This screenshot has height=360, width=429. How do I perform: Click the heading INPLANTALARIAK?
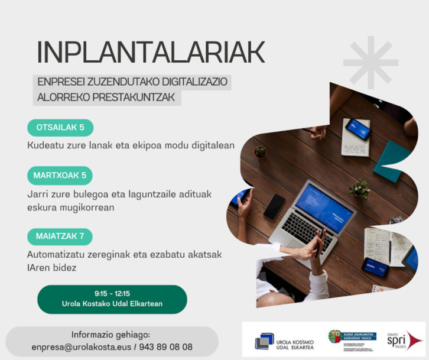pos(150,53)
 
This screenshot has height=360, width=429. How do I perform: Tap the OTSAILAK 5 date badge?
pos(60,128)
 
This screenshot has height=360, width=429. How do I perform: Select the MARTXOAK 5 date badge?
pos(60,175)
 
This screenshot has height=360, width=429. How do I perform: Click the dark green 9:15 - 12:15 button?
pos(112,299)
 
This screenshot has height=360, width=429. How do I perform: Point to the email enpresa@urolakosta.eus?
pos(79,347)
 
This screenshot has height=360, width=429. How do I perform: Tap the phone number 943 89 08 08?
pos(167,347)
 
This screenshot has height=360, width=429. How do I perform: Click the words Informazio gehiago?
pos(110,334)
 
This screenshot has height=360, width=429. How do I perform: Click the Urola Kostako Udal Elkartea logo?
pos(281,341)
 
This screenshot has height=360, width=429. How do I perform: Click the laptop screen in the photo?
pos(324,207)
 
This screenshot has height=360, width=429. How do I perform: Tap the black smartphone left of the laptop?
pos(274,206)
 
